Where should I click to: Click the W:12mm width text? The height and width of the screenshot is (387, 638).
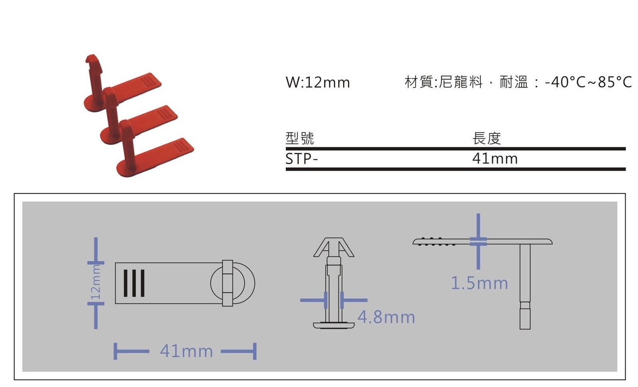click(318, 82)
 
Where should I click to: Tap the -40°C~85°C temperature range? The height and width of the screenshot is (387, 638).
click(588, 82)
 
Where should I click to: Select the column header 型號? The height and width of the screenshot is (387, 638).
click(300, 138)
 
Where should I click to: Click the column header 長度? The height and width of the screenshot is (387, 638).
click(487, 138)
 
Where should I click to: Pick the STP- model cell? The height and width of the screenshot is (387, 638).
click(302, 159)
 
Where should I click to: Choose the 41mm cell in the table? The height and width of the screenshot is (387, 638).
click(495, 159)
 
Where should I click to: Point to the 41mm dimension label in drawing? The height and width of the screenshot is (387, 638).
click(186, 351)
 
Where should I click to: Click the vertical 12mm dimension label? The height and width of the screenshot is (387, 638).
click(96, 283)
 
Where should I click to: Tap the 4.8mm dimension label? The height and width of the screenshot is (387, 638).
click(386, 317)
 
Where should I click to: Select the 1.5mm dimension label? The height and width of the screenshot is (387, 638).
click(479, 283)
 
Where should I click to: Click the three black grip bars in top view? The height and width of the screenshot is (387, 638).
click(134, 283)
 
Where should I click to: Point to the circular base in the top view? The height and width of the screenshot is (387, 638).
click(233, 283)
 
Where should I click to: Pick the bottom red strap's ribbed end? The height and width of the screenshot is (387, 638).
click(183, 145)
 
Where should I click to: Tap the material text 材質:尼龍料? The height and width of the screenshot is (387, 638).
click(443, 82)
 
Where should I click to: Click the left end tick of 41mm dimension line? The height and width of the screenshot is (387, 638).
click(115, 351)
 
